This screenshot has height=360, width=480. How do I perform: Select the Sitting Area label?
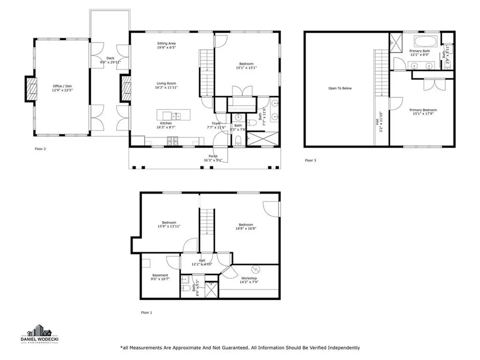click(x=166, y=44)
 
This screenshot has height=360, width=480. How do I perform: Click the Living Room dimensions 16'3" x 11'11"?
click(x=167, y=87)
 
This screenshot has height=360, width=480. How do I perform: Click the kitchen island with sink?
click(x=172, y=115)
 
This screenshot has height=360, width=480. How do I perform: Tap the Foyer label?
click(x=216, y=123)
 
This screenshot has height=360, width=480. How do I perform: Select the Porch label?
click(x=213, y=156)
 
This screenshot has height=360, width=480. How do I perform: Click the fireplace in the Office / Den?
click(x=31, y=89)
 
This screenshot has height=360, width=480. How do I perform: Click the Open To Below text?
click(x=340, y=88)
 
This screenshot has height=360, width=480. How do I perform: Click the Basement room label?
click(x=160, y=275)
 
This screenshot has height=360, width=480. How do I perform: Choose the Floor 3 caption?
click(x=310, y=160)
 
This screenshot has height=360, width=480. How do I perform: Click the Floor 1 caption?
click(x=147, y=312)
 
